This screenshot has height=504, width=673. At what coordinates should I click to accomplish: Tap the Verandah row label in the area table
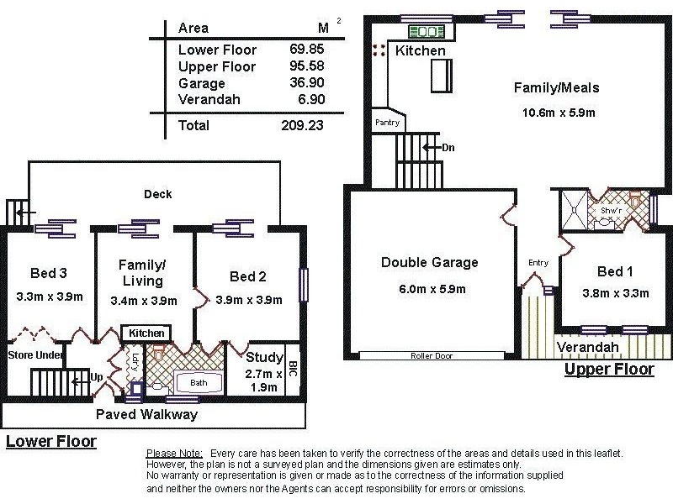coord(209,100)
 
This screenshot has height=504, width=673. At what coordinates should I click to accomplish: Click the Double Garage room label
coord(429,263)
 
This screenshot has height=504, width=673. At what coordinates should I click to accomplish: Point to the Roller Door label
coord(432,356)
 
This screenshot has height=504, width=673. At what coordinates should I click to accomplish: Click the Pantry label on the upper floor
coord(387,123)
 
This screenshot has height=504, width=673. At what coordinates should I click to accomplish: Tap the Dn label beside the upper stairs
coord(448,148)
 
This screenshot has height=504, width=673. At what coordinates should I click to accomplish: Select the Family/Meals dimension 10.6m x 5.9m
coord(556,113)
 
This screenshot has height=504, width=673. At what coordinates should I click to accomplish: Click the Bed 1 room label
coord(615,272)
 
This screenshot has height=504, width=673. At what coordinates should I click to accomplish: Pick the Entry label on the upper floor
coord(538,263)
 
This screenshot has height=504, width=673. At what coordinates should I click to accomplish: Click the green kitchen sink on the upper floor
coord(427,33)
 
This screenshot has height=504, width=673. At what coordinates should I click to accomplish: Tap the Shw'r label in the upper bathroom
coord(611,210)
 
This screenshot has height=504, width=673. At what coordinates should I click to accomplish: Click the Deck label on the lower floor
coord(157,194)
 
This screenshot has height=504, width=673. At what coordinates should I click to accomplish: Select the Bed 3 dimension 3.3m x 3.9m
coord(48,297)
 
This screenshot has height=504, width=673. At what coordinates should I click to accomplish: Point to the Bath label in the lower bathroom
coord(198,382)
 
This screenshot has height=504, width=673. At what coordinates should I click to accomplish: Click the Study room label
coord(265,358)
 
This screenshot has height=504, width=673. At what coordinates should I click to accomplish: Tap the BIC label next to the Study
coord(292,368)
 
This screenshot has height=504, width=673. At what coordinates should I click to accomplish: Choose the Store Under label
coord(36,355)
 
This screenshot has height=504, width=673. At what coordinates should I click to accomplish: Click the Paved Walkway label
coord(146,415)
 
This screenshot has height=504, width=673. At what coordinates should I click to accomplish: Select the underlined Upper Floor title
coord(607,369)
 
